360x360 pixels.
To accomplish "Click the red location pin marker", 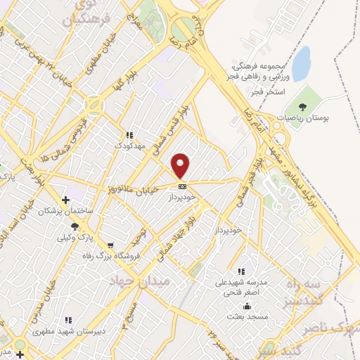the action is coord(181,165).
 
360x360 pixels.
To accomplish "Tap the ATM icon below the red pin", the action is coord(182,186).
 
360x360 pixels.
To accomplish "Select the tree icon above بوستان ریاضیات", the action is coord(302,107).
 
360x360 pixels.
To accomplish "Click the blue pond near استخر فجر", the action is coord(302,64).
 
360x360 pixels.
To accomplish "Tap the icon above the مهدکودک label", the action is coord(129,135).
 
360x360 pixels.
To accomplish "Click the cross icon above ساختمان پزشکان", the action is coord(66,200).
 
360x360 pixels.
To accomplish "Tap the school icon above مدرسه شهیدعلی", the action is coord(240,271).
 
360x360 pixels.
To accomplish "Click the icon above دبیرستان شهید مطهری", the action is coord(67,320).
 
